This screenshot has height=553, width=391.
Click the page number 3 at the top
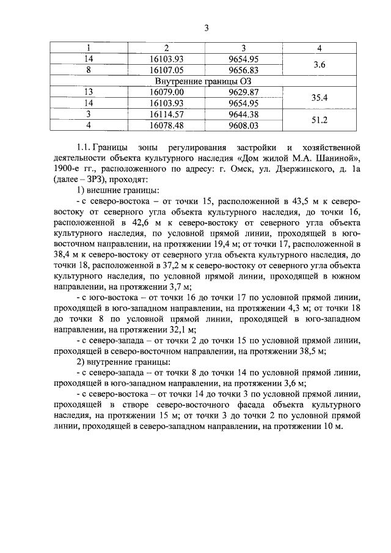point(207,27)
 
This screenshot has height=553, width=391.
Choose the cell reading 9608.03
point(243,125)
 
